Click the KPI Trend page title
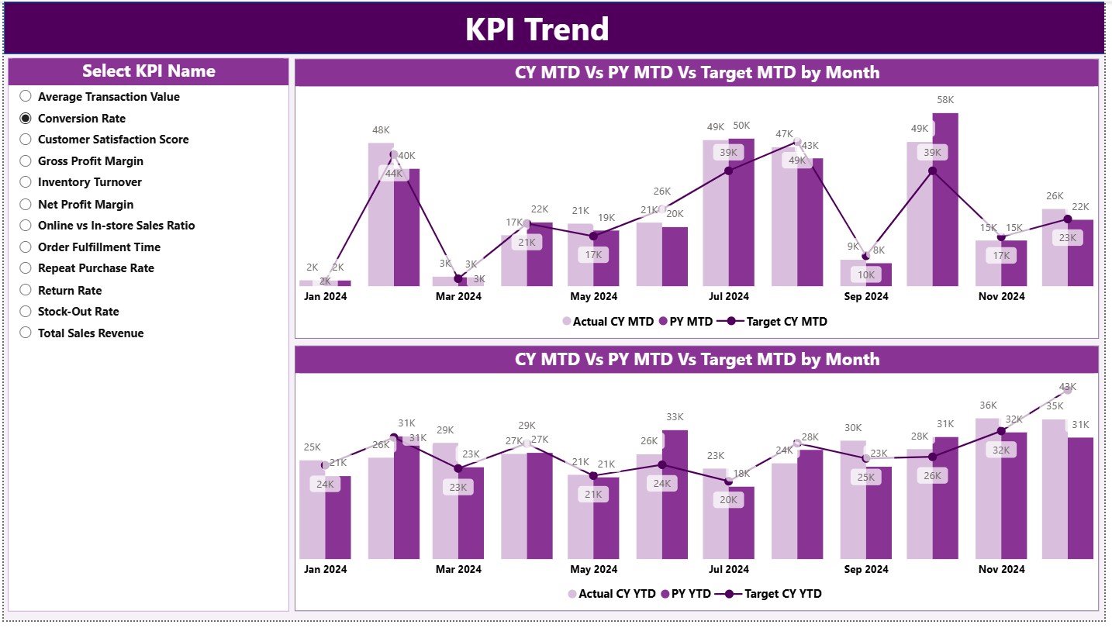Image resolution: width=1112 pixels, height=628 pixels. [x=537, y=29]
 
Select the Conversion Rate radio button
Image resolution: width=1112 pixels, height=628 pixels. [x=26, y=119]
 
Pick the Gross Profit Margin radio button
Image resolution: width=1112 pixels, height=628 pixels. [x=26, y=161]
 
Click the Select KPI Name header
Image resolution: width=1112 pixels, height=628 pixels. [x=149, y=71]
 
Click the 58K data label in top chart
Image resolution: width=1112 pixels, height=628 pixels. [x=945, y=100]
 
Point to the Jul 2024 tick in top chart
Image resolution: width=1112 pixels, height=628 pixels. [x=728, y=296]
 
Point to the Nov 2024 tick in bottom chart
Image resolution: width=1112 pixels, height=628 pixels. [x=1000, y=569]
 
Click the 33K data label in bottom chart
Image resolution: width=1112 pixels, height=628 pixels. [x=675, y=417]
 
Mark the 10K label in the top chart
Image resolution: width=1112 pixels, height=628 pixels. [x=865, y=274]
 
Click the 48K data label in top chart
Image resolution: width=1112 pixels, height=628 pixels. [x=380, y=129]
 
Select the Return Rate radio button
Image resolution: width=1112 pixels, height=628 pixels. [x=26, y=291]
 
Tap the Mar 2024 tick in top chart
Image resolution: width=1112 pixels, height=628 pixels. [x=458, y=296]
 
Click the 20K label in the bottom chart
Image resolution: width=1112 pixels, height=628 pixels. [x=728, y=500]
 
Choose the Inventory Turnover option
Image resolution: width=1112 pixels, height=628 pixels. [x=26, y=183]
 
